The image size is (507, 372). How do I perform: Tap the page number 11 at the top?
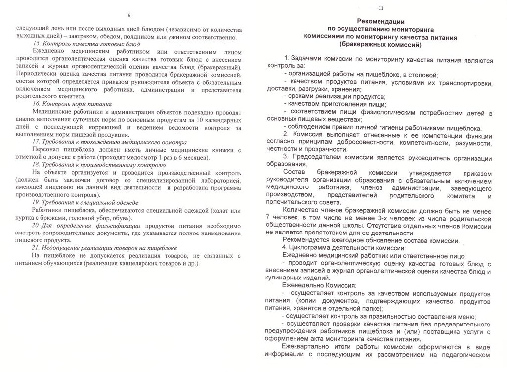(x=380, y=8)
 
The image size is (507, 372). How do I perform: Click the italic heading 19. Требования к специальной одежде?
(x=85, y=203)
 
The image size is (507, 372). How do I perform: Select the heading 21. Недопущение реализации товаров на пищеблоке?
(x=104, y=248)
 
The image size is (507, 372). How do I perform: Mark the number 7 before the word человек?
(x=268, y=218)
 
